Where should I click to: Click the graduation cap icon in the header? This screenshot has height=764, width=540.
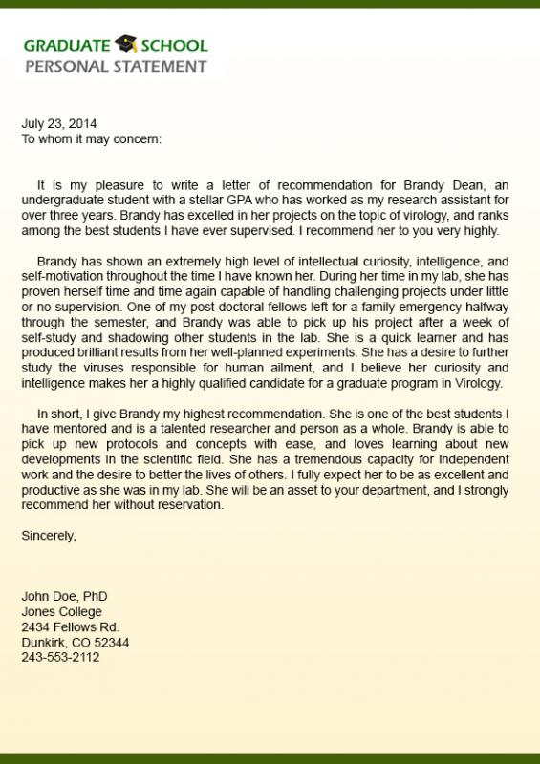[x=126, y=44]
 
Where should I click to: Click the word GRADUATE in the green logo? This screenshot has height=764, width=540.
[x=68, y=46]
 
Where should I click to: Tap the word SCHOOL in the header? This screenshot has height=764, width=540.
[x=174, y=46]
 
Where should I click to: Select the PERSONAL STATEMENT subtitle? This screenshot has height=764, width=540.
[x=115, y=66]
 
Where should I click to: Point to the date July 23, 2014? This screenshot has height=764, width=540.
[x=59, y=123]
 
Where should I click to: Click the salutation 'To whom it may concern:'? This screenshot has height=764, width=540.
[x=92, y=138]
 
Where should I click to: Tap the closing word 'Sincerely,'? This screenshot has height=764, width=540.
[x=49, y=536]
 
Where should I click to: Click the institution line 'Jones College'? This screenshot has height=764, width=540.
[x=61, y=612]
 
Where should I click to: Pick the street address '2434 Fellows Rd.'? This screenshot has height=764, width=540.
[x=70, y=627]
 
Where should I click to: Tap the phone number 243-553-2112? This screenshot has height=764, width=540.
[x=60, y=658]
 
